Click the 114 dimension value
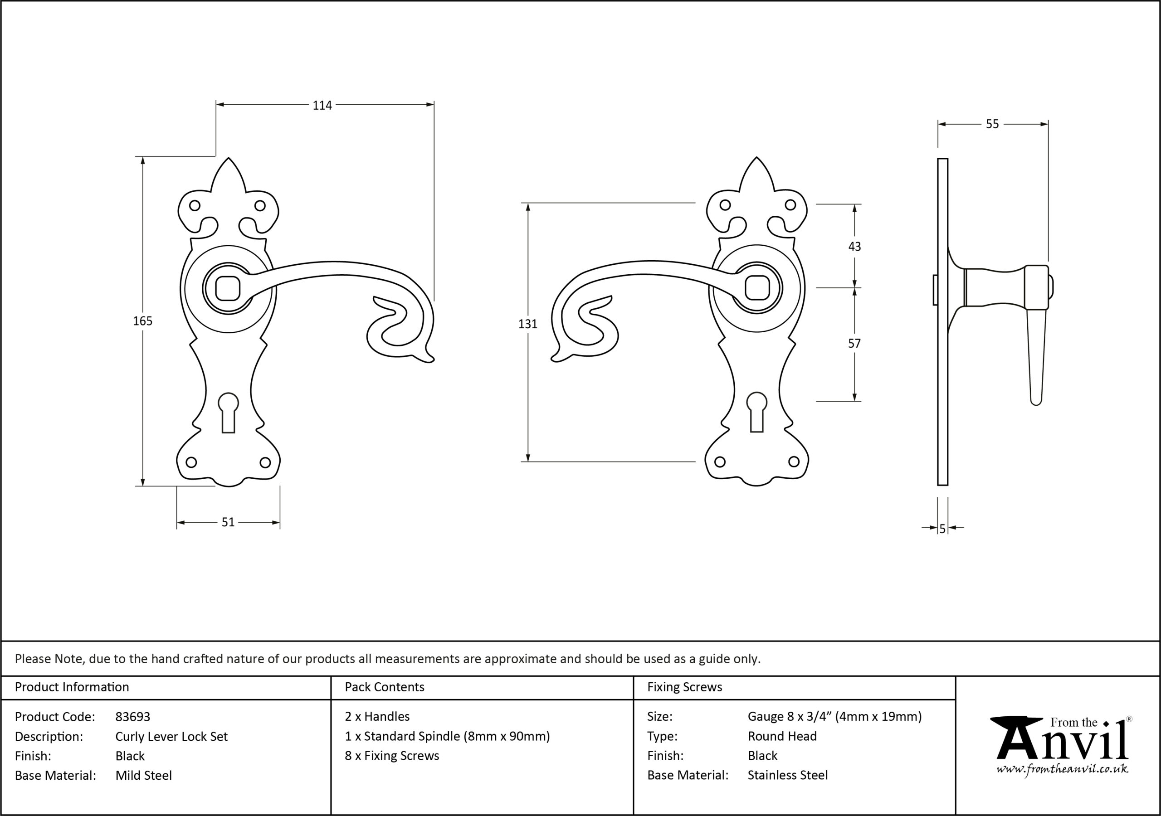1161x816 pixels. tap(322, 105)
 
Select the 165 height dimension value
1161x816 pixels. tap(142, 321)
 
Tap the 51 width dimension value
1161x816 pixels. tap(228, 522)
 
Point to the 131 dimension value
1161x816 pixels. tap(528, 324)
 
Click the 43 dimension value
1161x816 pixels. tap(854, 247)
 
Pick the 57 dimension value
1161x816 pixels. tap(854, 344)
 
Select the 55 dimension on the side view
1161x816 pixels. tap(992, 124)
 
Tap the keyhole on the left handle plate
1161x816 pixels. tap(229, 413)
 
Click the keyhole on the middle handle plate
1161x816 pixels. tap(756, 412)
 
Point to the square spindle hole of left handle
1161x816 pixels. tap(229, 288)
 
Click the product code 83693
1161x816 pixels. tap(133, 717)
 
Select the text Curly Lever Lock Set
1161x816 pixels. tap(171, 737)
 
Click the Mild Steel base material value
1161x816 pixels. tap(144, 776)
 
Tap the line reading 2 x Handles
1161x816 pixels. tap(377, 716)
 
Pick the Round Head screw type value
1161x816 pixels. tap(782, 736)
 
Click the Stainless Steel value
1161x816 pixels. tap(788, 775)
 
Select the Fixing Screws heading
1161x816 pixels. tap(685, 687)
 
